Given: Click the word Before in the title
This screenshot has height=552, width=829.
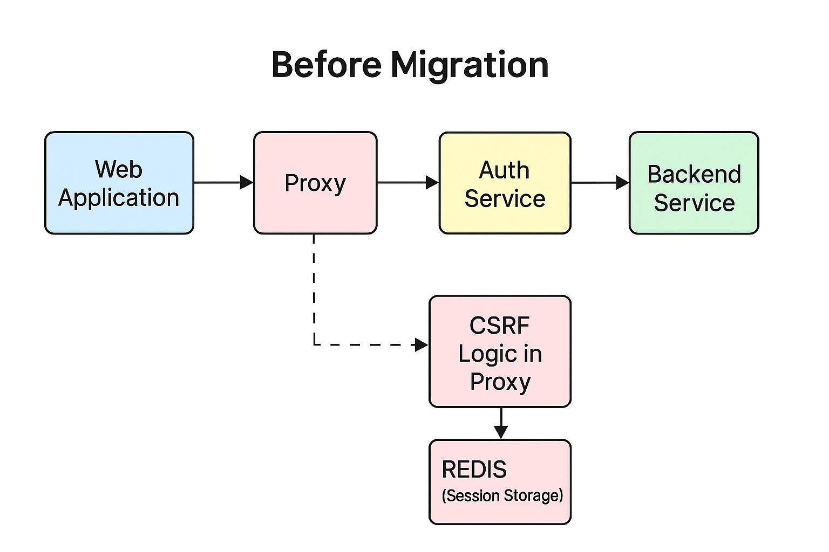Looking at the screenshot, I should click(x=327, y=65).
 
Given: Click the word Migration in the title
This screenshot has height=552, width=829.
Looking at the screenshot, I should click(x=470, y=65).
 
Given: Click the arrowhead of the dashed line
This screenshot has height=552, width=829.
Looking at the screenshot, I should click(x=421, y=344).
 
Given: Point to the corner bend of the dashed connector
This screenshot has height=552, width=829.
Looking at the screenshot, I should click(x=314, y=344).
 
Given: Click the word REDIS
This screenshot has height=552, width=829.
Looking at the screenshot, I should click(x=474, y=470).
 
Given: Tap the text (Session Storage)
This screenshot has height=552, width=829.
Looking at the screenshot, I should click(x=502, y=495).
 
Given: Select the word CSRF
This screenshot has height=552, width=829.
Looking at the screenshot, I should click(x=499, y=326).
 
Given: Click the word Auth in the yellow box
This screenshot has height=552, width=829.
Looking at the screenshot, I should click(x=504, y=170).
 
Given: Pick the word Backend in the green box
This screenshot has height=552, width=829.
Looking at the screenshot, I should click(x=694, y=174).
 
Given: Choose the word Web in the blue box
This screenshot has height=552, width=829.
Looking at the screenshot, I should click(x=119, y=169).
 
